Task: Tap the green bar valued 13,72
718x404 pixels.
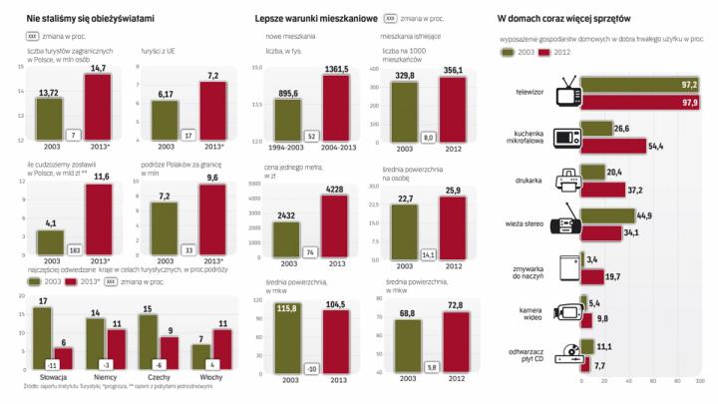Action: (x=48, y=114)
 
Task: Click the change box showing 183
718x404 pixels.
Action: (x=73, y=249)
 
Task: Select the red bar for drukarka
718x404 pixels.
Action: (x=602, y=191)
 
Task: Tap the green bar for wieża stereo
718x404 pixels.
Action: (x=607, y=214)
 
